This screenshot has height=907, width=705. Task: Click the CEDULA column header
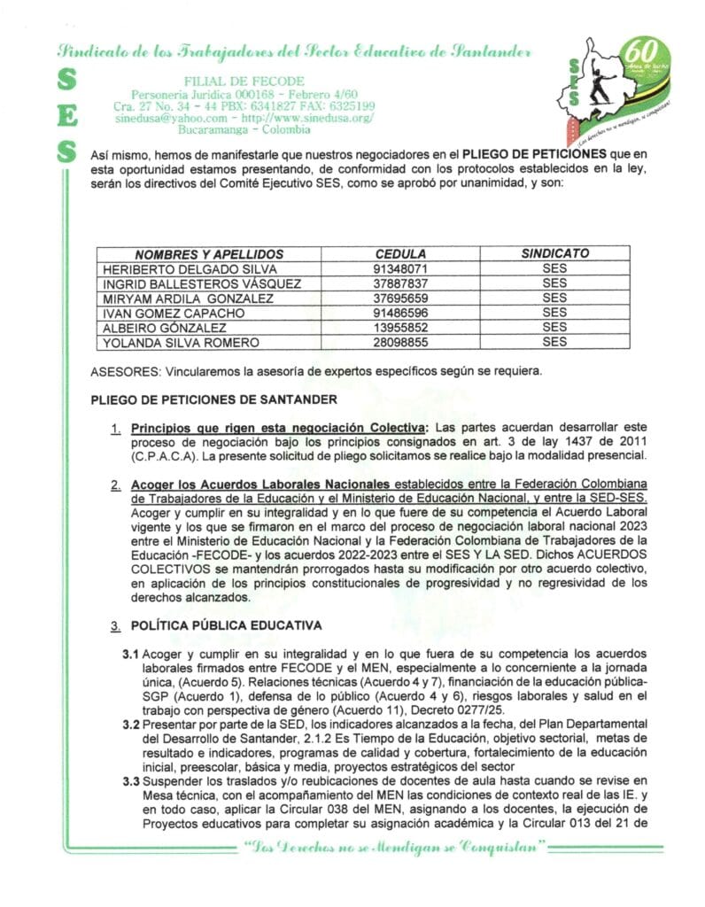(400, 253)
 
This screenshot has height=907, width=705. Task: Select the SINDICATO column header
(554, 253)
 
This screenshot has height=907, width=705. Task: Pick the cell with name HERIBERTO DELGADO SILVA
(190, 268)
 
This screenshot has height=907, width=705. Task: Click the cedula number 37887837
(401, 283)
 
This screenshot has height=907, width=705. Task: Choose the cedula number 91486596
(401, 314)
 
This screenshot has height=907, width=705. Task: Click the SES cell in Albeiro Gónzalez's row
(554, 328)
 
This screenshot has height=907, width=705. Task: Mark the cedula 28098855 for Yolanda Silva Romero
(401, 343)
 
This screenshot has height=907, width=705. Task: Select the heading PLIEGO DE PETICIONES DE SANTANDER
(213, 399)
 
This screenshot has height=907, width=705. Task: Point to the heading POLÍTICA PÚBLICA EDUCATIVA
(226, 625)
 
